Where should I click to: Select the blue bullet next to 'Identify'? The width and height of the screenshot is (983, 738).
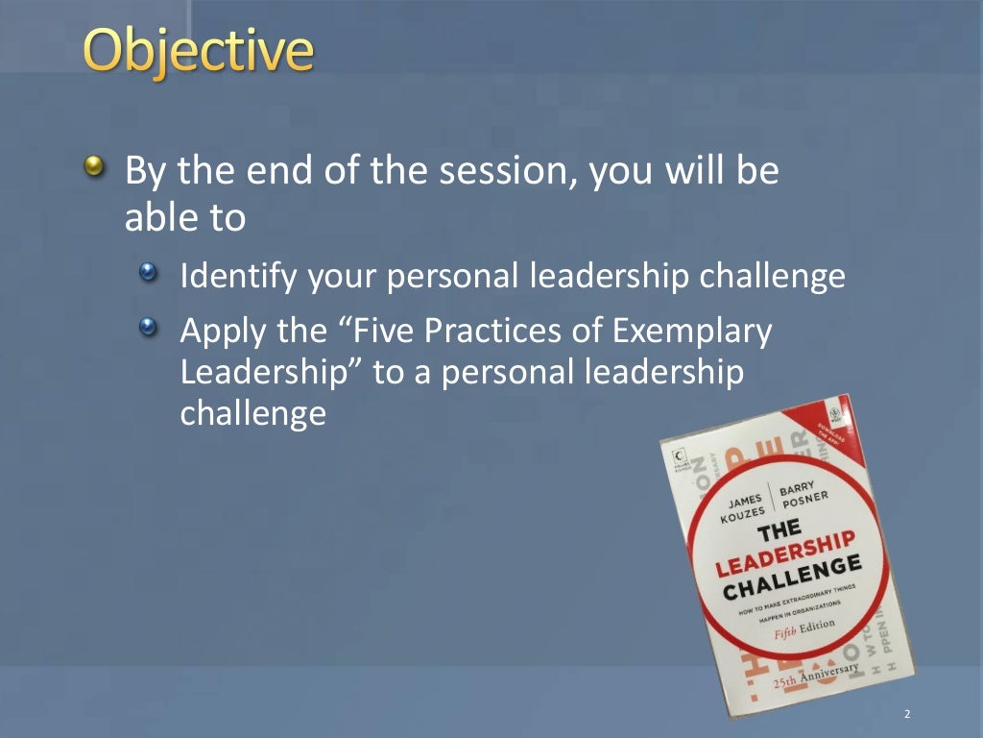tap(147, 276)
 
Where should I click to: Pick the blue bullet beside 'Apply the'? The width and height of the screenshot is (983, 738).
tap(147, 330)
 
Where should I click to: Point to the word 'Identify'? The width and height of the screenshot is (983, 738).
tap(239, 278)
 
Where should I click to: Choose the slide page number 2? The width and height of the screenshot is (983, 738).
tap(906, 715)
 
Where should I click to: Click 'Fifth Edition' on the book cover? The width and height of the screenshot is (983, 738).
tap(806, 628)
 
